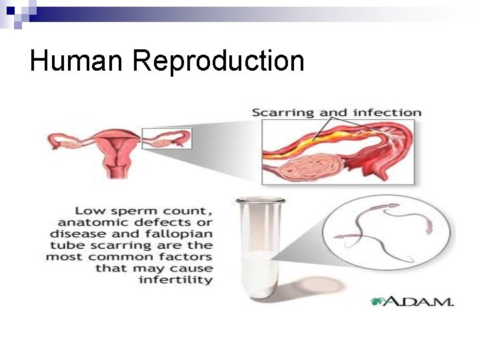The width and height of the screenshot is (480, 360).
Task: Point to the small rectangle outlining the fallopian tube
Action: coord(167,138)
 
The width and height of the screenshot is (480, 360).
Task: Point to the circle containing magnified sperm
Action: coord(389,233)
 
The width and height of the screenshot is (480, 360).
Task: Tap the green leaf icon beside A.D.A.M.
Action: coord(379,301)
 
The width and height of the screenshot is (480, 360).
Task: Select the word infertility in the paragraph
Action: coord(176,279)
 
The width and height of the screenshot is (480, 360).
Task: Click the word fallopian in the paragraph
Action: coord(180,233)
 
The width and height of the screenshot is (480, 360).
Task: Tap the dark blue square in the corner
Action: coord(10,10)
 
